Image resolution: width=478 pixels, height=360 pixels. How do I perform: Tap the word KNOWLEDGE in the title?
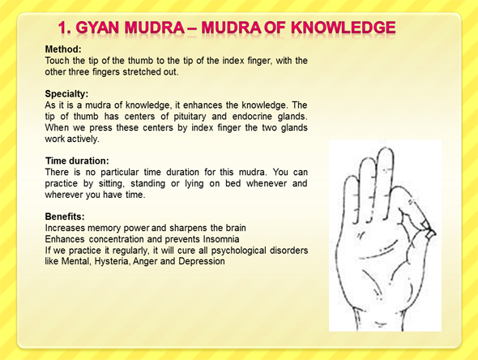[x=344, y=28]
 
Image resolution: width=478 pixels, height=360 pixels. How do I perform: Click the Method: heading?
[x=63, y=49]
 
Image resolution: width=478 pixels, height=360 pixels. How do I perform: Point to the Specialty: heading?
[x=66, y=94]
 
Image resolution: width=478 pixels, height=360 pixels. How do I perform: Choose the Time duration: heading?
[x=77, y=161]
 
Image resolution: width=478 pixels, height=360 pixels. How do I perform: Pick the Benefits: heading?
[x=65, y=216]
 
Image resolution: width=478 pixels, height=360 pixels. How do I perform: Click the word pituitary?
[x=190, y=117]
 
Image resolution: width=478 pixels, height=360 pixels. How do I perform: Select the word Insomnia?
[x=221, y=239]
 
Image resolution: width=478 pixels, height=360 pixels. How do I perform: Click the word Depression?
[x=202, y=261]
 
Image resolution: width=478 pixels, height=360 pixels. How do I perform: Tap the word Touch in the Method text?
[x=57, y=61]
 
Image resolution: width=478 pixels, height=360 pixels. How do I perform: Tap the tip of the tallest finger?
[x=386, y=148]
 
